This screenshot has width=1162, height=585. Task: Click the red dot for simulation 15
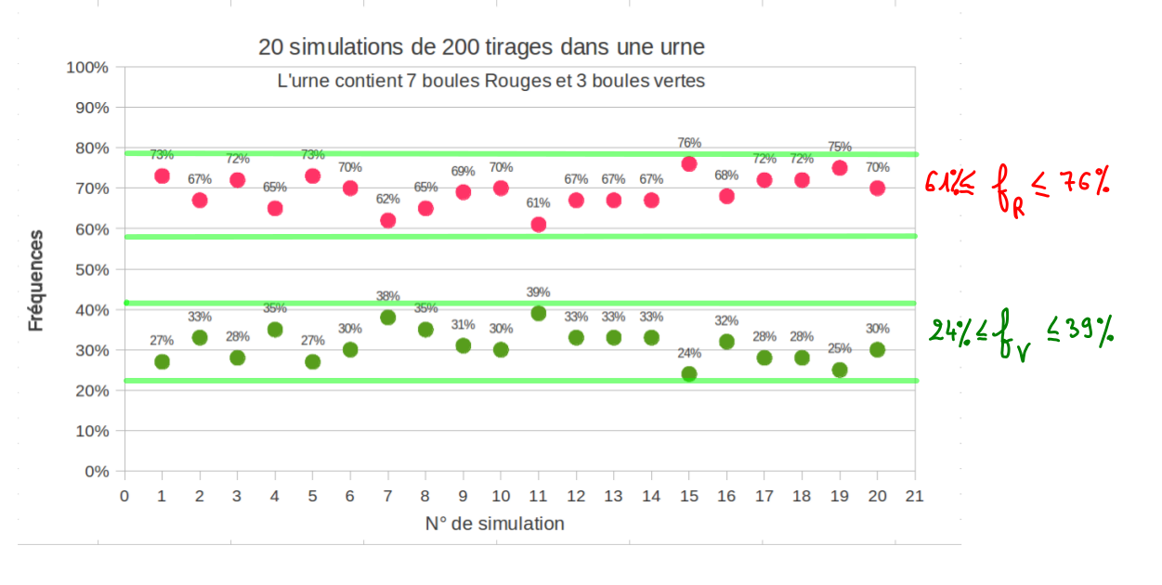tap(689, 163)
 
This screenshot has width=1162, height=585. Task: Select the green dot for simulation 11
tap(539, 313)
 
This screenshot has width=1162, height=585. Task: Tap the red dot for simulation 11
tap(539, 225)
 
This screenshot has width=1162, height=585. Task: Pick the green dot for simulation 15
tap(689, 374)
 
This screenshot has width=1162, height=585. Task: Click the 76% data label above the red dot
tap(689, 143)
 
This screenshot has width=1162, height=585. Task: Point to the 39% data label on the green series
tap(539, 292)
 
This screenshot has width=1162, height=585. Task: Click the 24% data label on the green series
tap(689, 354)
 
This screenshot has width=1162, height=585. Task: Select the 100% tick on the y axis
tap(88, 68)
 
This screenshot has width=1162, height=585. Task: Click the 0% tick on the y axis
tap(97, 472)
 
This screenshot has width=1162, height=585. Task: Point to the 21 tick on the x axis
tap(915, 496)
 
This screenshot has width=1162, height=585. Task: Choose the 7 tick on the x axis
tap(388, 496)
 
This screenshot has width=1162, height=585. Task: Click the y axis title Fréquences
tap(36, 280)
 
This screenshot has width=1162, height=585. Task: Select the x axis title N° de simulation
tap(494, 524)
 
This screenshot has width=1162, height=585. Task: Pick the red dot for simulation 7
tap(388, 220)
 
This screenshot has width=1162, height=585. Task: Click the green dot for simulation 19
tap(840, 370)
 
